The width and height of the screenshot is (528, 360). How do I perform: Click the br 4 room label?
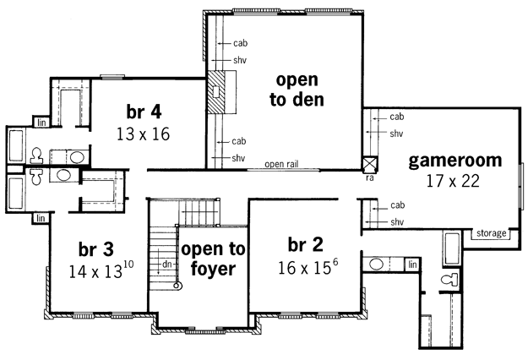144,112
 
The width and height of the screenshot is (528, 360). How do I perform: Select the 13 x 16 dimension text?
143,134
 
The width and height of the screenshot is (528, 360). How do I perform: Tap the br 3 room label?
96,249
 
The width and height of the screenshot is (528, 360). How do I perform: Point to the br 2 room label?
306,244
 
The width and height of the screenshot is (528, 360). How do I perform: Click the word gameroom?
455,161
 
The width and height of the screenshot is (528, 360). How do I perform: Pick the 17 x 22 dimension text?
453,181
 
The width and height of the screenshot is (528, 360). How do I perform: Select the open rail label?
281,164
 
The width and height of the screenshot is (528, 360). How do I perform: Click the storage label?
492,233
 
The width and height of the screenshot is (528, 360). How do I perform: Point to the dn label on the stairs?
167,265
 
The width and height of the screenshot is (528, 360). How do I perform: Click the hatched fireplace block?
216,92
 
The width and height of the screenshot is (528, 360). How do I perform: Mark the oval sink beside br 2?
376,264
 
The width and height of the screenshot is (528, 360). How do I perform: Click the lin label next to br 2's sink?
412,265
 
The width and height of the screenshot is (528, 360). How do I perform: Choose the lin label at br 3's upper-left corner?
41,219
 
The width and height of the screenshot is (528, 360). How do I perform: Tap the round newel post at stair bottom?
177,286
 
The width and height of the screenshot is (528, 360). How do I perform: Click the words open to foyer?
213,259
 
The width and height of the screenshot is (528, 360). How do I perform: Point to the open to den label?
297,90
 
